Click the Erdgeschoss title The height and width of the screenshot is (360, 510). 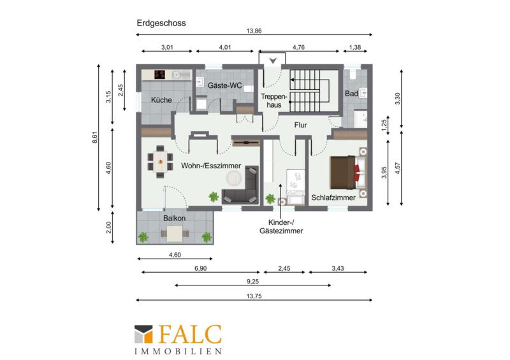(161, 23)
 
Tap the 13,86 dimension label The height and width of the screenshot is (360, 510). (254, 31)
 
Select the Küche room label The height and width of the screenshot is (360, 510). (161, 100)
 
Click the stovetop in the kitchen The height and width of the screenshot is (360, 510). (160, 75)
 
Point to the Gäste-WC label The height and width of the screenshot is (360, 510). (225, 85)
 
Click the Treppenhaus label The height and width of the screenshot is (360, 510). (274, 101)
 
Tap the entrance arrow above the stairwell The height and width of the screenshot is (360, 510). (273, 61)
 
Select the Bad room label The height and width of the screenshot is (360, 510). (351, 94)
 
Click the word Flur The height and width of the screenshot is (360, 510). (300, 125)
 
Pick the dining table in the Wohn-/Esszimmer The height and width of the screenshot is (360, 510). (160, 162)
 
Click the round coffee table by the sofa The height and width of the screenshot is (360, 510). (234, 177)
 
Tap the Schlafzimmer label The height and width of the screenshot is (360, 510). (333, 198)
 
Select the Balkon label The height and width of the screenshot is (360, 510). (174, 218)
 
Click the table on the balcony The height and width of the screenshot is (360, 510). (175, 233)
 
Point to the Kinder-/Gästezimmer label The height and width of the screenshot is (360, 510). (281, 227)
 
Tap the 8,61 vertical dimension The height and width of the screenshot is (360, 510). (94, 137)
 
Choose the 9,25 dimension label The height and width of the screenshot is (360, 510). (252, 282)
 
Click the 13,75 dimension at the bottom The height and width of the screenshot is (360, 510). (254, 296)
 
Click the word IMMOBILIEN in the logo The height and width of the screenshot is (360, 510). (178, 351)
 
